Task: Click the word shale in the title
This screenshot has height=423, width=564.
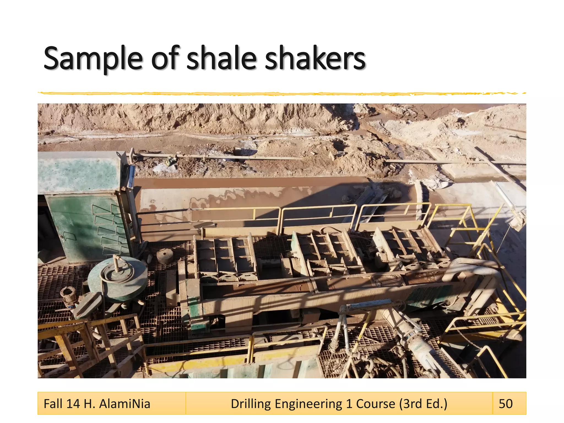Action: [221, 58]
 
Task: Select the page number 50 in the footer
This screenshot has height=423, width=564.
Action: [506, 404]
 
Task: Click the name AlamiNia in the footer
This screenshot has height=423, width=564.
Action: [124, 404]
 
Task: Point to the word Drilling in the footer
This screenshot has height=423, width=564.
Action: [251, 404]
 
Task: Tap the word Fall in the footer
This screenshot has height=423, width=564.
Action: [53, 404]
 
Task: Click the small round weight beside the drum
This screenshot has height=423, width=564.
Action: [165, 255]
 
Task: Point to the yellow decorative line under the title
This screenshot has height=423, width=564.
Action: [275, 94]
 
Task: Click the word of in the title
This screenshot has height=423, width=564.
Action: [165, 58]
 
